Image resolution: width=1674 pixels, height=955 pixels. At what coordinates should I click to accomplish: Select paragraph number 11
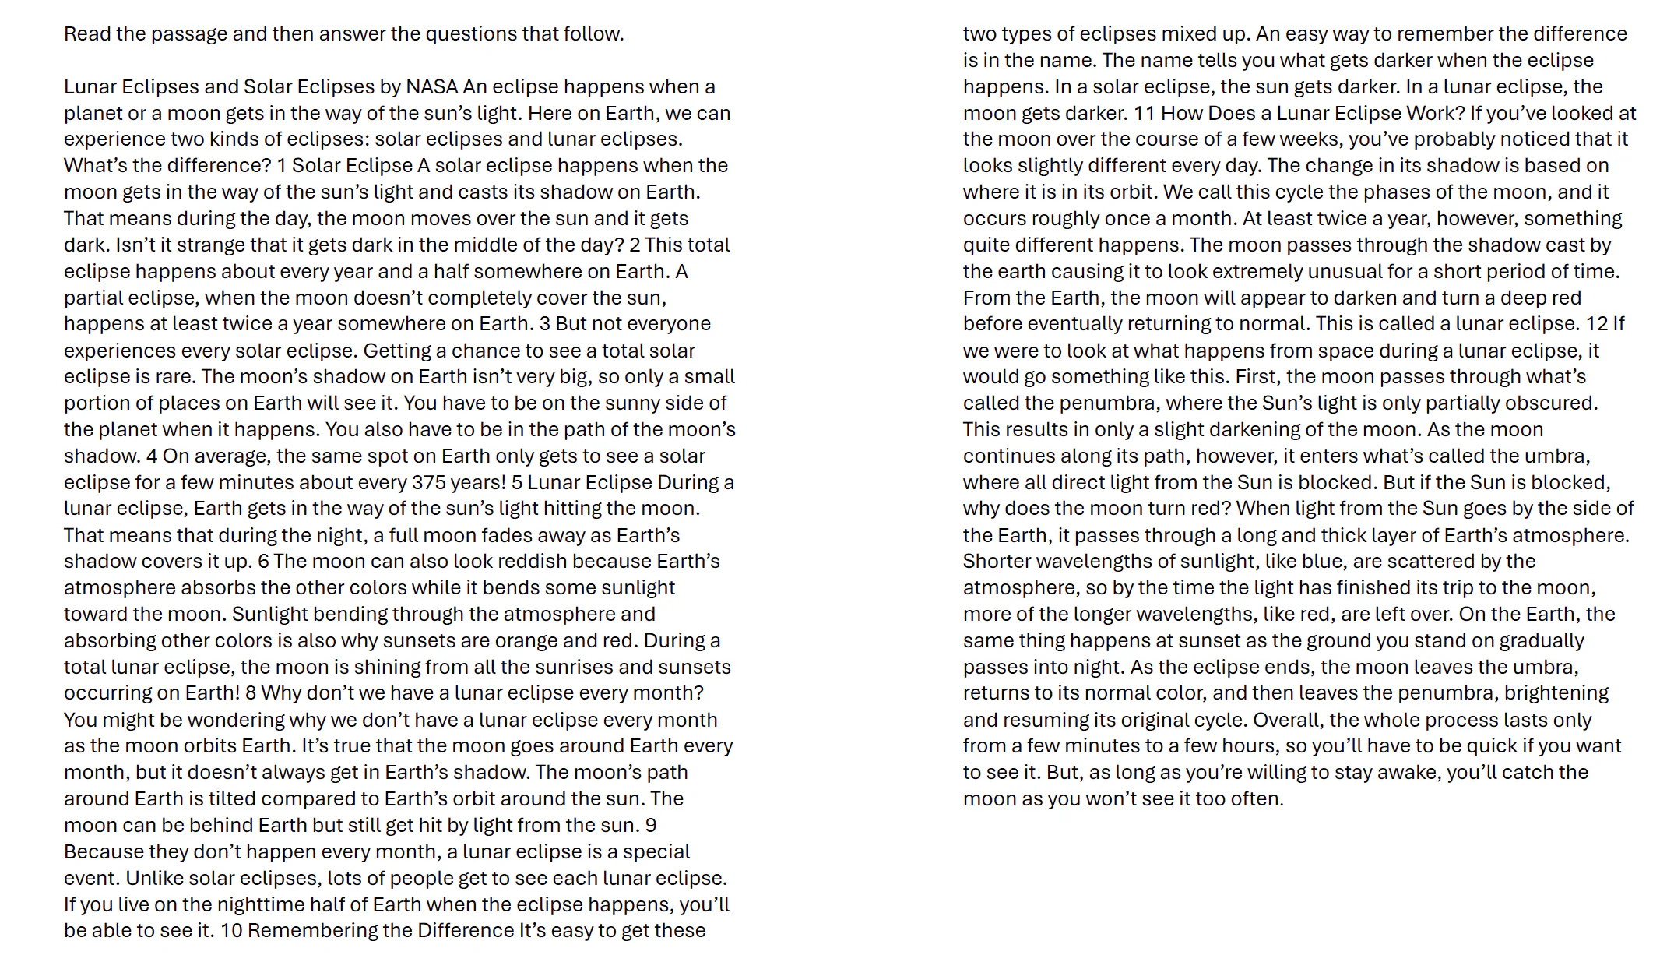click(x=1144, y=113)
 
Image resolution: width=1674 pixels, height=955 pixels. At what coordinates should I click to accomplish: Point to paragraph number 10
click(x=231, y=930)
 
